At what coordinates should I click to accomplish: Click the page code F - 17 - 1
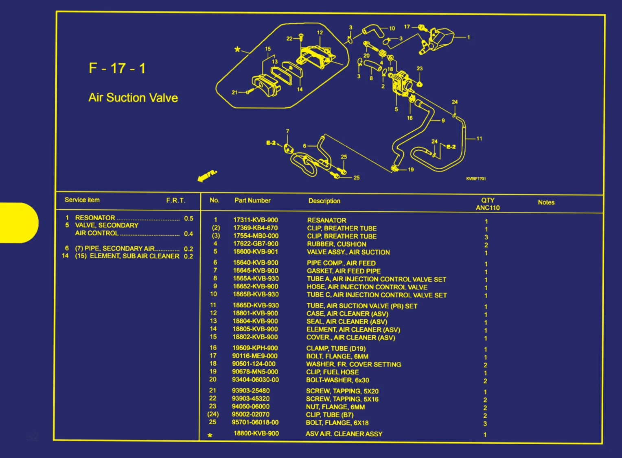pyautogui.click(x=117, y=68)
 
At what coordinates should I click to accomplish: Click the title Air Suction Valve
pyautogui.click(x=133, y=98)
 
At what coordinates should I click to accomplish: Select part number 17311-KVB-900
pyautogui.click(x=256, y=220)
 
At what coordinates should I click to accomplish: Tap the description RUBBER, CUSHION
pyautogui.click(x=337, y=244)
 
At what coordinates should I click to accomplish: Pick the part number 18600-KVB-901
pyautogui.click(x=256, y=252)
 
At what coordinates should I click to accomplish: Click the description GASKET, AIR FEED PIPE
pyautogui.click(x=344, y=271)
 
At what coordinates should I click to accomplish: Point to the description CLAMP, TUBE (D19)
pyautogui.click(x=336, y=349)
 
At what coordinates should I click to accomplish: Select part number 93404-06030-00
pyautogui.click(x=255, y=380)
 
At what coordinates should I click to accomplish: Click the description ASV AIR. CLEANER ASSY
pyautogui.click(x=344, y=434)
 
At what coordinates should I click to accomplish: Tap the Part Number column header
pyautogui.click(x=252, y=200)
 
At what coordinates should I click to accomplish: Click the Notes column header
pyautogui.click(x=546, y=202)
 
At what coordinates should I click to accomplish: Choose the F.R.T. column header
pyautogui.click(x=176, y=200)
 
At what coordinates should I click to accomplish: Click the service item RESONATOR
pyautogui.click(x=95, y=218)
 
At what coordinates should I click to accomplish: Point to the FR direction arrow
pyautogui.click(x=207, y=176)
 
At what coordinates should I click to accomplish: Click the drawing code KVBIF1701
pyautogui.click(x=476, y=178)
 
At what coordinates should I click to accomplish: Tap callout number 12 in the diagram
pyautogui.click(x=320, y=33)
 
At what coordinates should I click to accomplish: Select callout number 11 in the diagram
pyautogui.click(x=479, y=139)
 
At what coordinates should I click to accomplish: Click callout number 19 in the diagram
pyautogui.click(x=411, y=170)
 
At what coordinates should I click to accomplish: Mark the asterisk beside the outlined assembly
pyautogui.click(x=237, y=50)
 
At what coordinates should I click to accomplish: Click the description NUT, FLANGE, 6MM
pyautogui.click(x=335, y=407)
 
